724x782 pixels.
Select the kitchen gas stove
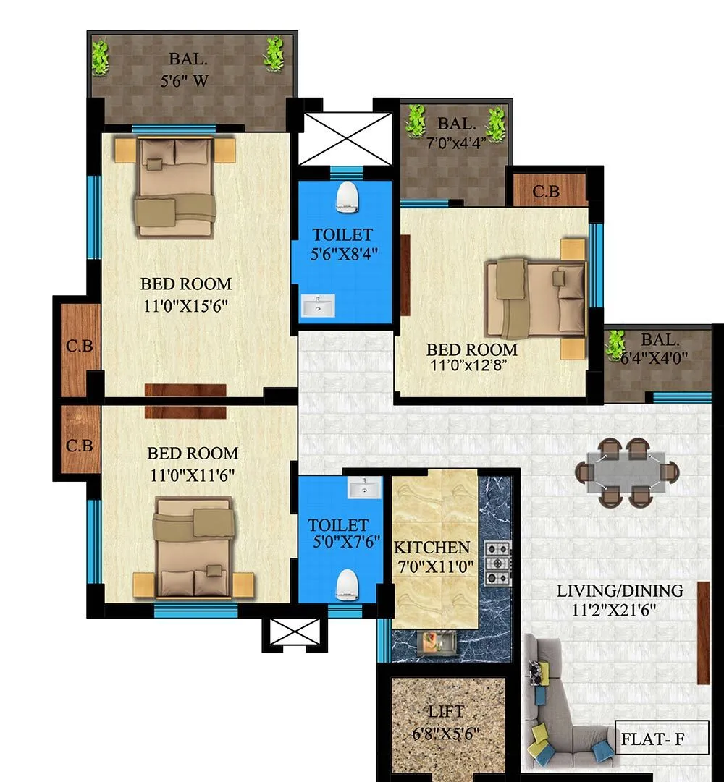point(497,563)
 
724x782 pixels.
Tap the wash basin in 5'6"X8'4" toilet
point(319,306)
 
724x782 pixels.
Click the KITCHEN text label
point(432,548)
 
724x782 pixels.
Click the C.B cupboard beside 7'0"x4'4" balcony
point(546,192)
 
